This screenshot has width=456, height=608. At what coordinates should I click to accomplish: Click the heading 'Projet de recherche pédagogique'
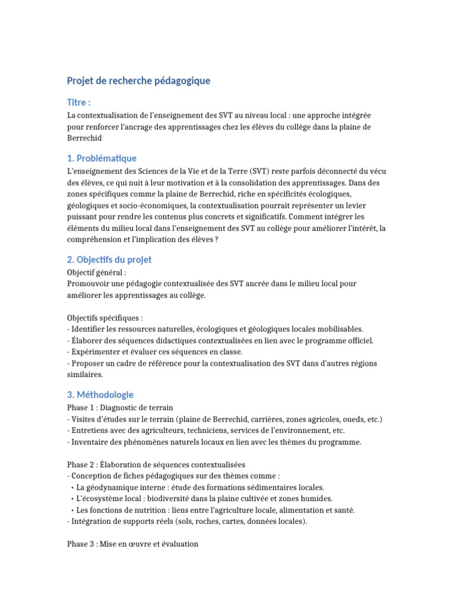[138, 81]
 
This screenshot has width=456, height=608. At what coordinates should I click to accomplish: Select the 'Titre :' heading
[79, 102]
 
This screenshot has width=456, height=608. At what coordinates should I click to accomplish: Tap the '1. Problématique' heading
[102, 159]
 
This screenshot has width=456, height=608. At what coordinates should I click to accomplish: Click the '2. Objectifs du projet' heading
[109, 260]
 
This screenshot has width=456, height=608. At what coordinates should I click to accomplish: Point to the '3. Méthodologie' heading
[100, 395]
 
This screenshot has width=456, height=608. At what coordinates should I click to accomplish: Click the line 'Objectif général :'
[97, 273]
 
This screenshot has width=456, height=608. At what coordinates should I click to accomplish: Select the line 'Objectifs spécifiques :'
[104, 318]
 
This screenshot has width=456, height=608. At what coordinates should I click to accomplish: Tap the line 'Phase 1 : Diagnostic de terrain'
[121, 408]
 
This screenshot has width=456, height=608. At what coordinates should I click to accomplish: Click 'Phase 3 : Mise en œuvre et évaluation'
[132, 543]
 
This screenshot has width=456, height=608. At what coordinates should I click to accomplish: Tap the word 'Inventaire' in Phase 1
[89, 442]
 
